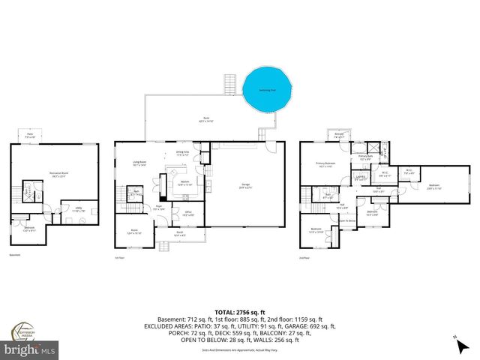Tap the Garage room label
coord(245,186)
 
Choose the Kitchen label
coord(184,184)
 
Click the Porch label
coord(181,233)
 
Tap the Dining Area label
coord(182,153)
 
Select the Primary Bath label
coord(364,158)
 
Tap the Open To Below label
coord(347,220)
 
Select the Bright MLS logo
coord(29,349)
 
